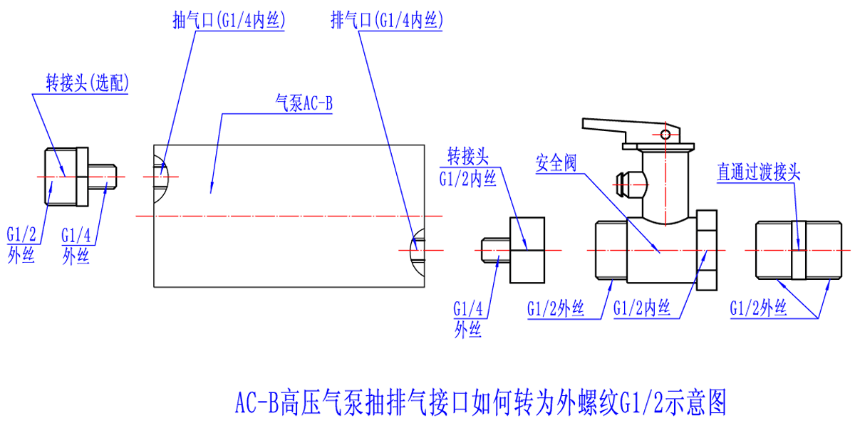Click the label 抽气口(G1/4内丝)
(229, 21)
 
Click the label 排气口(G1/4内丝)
(387, 21)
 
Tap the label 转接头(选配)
(87, 83)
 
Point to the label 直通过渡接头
(759, 172)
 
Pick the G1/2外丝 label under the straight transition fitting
(758, 308)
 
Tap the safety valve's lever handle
(606, 128)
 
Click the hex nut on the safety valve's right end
(707, 250)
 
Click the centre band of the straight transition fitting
(799, 250)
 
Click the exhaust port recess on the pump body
(417, 250)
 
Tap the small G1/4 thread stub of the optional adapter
(104, 174)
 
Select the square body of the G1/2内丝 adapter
(526, 250)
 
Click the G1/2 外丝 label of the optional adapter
(21, 244)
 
